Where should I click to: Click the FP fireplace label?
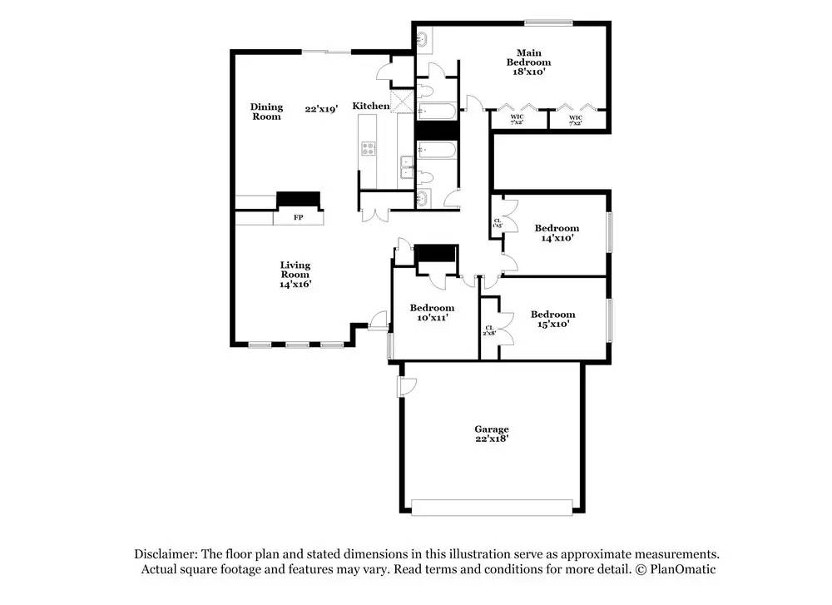pyautogui.click(x=298, y=218)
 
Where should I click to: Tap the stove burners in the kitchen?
pyautogui.click(x=369, y=149)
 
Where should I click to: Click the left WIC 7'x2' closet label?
pyautogui.click(x=517, y=120)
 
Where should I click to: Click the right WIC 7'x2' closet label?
pyautogui.click(x=576, y=120)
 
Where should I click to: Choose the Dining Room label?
pyautogui.click(x=267, y=112)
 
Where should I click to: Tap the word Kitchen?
pyautogui.click(x=371, y=106)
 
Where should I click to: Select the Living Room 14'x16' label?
pyautogui.click(x=295, y=275)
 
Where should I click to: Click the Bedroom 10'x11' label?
pyautogui.click(x=432, y=312)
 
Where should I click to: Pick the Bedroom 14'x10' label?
pyautogui.click(x=557, y=233)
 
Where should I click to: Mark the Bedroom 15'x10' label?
pyautogui.click(x=552, y=320)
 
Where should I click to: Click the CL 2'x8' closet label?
pyautogui.click(x=489, y=331)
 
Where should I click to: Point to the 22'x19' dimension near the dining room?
pyautogui.click(x=321, y=108)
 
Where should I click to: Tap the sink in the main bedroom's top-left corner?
pyautogui.click(x=422, y=37)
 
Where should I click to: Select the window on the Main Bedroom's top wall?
pyautogui.click(x=547, y=22)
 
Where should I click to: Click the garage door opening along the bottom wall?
pyautogui.click(x=492, y=507)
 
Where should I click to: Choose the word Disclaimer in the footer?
pyautogui.click(x=163, y=553)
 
